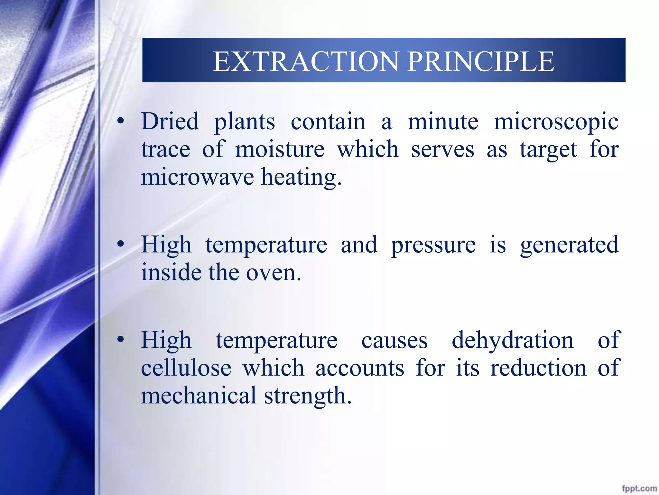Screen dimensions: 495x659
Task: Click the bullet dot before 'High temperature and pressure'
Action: (x=120, y=245)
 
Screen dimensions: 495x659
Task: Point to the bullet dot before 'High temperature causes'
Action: (x=120, y=340)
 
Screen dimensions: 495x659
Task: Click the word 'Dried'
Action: (x=170, y=121)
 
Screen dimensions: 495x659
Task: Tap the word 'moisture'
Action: (x=280, y=150)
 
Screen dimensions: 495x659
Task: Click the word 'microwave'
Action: (x=197, y=177)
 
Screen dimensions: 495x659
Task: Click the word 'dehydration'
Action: (x=513, y=340)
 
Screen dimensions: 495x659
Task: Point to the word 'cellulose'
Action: (x=186, y=368)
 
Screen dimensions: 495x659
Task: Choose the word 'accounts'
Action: (x=359, y=368)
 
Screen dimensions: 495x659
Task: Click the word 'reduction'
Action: (x=538, y=368)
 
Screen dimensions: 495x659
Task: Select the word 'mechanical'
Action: (x=198, y=396)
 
